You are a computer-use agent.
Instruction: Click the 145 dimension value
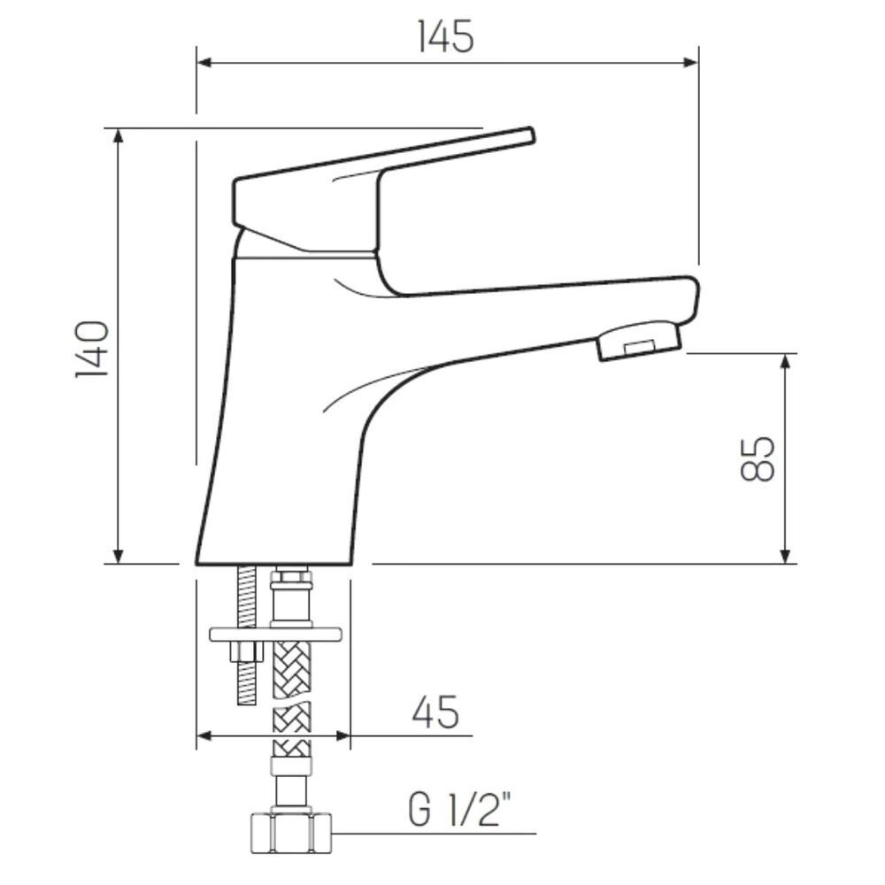click(445, 36)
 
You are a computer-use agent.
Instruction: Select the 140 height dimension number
click(93, 349)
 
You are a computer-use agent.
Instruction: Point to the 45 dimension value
click(435, 712)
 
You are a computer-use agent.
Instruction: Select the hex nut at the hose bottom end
click(289, 833)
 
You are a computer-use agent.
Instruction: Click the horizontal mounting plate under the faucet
click(276, 634)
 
